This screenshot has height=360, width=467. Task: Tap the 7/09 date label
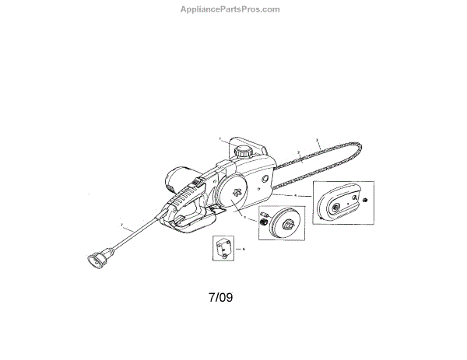pos(221,297)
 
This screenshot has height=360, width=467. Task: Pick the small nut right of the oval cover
pos(363,202)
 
